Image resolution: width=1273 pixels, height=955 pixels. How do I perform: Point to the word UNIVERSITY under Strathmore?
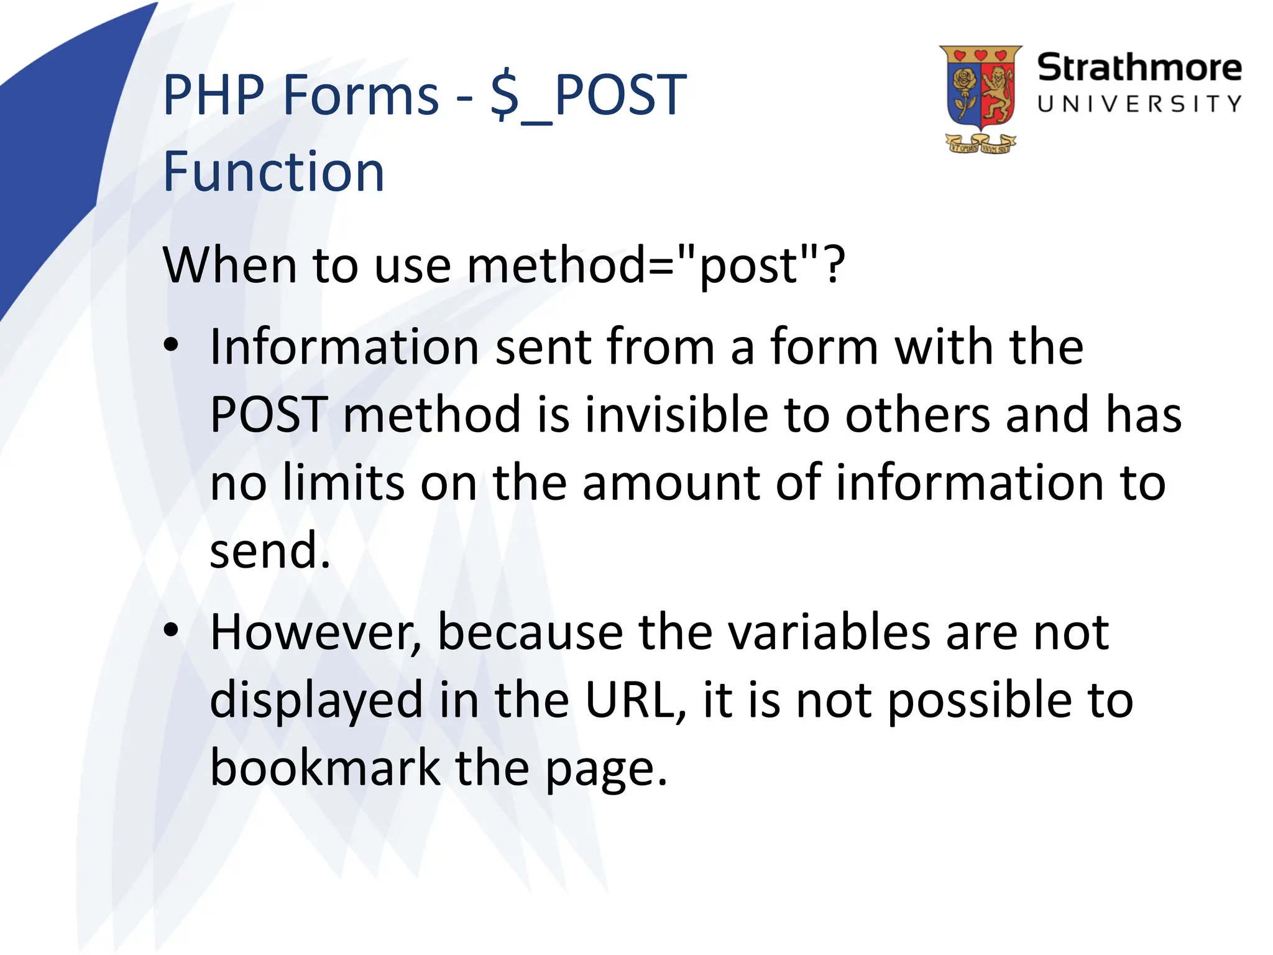1139,104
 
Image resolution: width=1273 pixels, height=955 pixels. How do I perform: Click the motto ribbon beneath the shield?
980,145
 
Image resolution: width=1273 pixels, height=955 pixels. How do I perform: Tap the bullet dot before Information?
171,345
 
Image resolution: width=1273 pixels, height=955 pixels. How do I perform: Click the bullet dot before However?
171,630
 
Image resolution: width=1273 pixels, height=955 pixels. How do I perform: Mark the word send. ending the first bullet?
270,550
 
